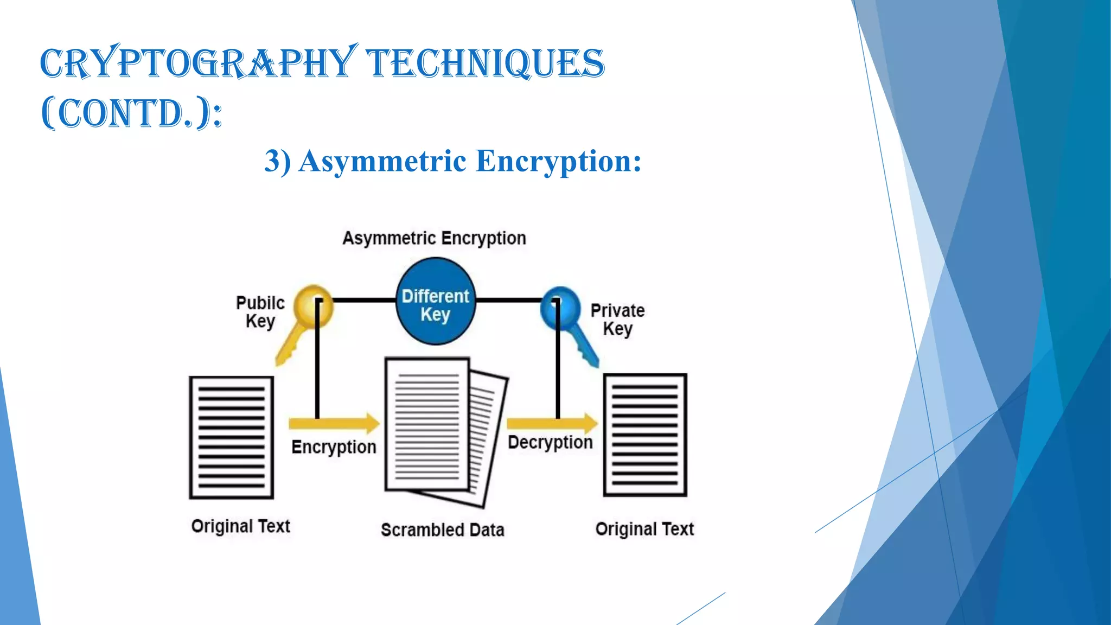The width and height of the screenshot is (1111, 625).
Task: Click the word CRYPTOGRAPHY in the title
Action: [x=199, y=63]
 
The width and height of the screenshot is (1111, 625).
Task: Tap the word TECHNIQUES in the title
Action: [x=485, y=63]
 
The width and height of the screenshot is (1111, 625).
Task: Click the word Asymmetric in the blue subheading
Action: [x=382, y=161]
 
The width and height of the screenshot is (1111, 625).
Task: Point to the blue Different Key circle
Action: [x=436, y=302]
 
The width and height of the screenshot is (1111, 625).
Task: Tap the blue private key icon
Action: [x=567, y=323]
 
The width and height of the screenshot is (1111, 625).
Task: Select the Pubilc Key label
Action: [x=260, y=311]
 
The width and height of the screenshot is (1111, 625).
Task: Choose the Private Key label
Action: [x=617, y=319]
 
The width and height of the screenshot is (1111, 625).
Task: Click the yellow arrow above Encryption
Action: [x=334, y=423]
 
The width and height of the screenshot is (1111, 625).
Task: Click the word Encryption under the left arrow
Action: [x=334, y=447]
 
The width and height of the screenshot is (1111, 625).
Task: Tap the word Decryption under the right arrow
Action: [x=550, y=443]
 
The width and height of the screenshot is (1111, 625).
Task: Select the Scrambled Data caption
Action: [x=442, y=530]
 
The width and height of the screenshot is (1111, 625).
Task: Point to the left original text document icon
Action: [x=231, y=437]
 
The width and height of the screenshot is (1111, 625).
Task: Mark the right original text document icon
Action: [x=645, y=435]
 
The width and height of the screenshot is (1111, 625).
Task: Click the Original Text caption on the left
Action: [x=241, y=526]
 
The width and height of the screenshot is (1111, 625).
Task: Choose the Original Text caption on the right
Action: [x=644, y=529]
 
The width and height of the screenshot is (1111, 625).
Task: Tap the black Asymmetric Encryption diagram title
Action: [x=434, y=238]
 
